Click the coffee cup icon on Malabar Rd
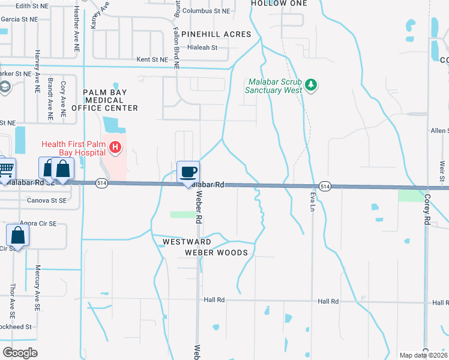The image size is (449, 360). pos(188,172)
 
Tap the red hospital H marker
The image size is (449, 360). pos(115,146)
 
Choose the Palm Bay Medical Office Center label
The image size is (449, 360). pos(105,100)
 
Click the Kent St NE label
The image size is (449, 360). pos(152,59)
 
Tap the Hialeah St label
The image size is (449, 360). pos(201,47)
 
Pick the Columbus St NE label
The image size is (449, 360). pos(206,11)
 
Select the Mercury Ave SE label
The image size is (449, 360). pos(37,287)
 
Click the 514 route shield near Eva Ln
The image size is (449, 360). pos(325,187)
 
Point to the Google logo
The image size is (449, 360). pos(20,352)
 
